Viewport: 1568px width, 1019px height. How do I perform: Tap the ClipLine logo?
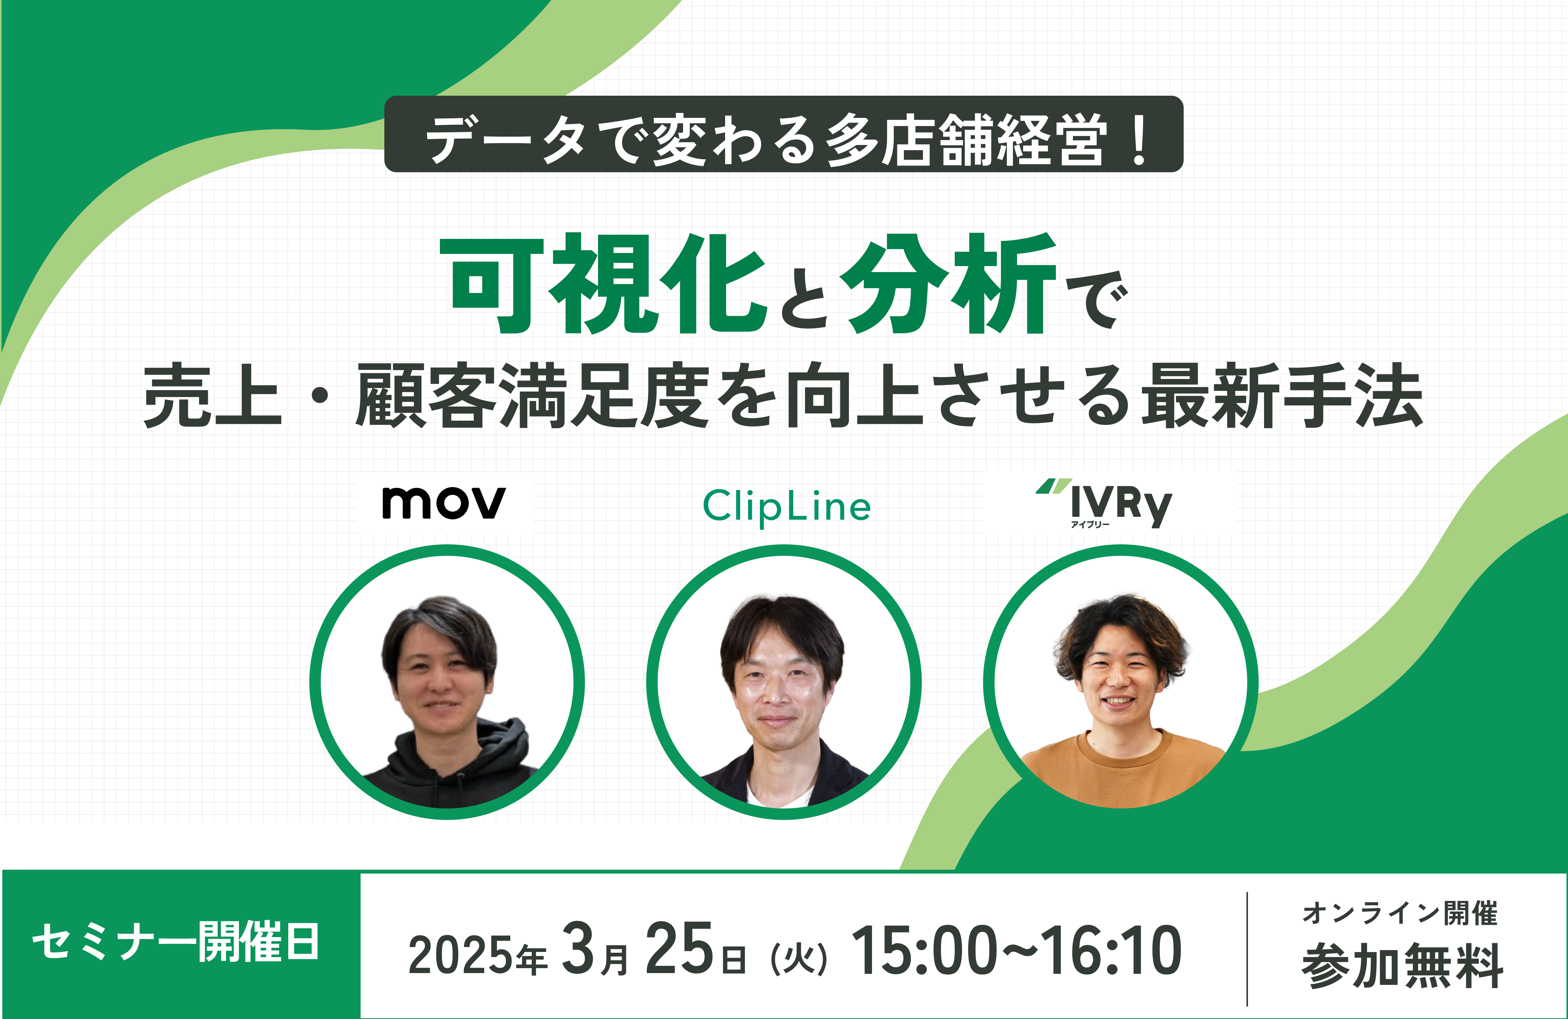click(787, 506)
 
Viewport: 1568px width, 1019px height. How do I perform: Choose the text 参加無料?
click(1402, 966)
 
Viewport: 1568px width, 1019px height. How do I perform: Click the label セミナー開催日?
click(176, 942)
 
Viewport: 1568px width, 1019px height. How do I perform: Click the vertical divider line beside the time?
click(1247, 949)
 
